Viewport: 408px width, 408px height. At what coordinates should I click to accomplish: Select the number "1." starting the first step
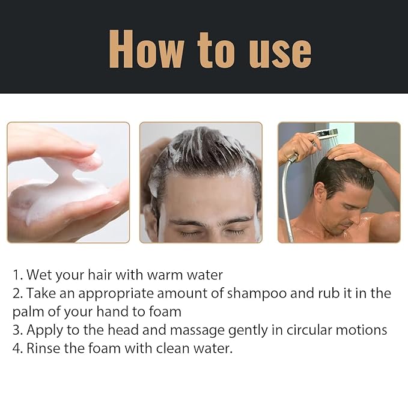[x=18, y=275]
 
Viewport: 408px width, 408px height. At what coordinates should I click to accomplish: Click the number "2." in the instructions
[x=18, y=294]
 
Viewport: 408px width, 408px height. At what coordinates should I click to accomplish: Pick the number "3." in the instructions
[x=18, y=330]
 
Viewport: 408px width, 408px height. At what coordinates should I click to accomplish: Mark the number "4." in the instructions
[x=18, y=349]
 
